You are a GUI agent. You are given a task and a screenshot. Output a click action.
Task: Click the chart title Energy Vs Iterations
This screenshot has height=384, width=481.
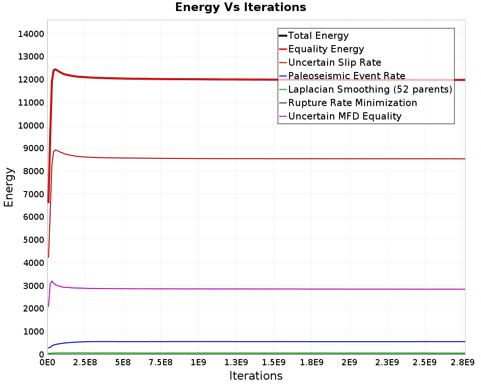point(240,7)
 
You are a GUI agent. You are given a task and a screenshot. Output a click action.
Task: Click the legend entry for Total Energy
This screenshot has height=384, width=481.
point(318,36)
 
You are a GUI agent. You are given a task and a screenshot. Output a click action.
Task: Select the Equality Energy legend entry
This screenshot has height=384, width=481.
point(326,49)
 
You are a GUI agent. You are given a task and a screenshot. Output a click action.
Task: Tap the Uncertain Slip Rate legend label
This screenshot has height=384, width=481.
point(334,62)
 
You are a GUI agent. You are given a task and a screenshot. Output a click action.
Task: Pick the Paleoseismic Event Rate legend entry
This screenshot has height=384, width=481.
point(346,76)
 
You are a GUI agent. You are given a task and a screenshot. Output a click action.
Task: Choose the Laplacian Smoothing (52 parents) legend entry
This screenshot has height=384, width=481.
point(370,89)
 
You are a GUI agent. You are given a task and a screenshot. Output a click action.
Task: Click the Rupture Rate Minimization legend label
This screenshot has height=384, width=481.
point(352,103)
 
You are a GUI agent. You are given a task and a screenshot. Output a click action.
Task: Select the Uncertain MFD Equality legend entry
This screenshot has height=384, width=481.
point(344,116)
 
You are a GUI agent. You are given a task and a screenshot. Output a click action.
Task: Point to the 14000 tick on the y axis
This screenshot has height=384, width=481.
point(30,34)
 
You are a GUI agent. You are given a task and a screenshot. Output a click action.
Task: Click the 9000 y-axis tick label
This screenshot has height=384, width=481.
point(33,148)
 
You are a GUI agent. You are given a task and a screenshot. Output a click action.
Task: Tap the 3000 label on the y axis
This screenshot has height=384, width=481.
point(33,286)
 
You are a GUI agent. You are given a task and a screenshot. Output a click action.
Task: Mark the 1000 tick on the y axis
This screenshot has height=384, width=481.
point(33,332)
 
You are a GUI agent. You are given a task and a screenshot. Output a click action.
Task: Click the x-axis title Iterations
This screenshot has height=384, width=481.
point(256,375)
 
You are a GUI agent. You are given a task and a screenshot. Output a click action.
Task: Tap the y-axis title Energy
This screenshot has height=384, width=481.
point(9,187)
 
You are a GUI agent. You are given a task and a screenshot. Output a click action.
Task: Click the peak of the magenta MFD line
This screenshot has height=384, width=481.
point(52,281)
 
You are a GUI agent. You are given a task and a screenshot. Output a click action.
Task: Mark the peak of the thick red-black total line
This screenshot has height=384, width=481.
point(55,69)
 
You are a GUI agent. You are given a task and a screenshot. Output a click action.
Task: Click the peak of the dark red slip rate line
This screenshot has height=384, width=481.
point(56,150)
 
